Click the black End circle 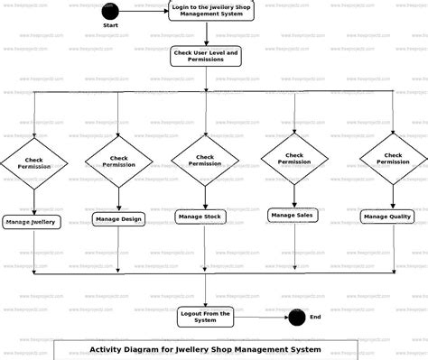coord(296,317)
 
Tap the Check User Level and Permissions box coord(206,57)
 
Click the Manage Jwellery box coord(32,221)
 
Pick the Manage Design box coord(118,218)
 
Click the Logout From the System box coord(206,317)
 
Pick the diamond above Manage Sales coord(294,159)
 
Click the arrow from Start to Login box coord(143,11)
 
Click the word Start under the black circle coord(110,25)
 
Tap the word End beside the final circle coord(315,317)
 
